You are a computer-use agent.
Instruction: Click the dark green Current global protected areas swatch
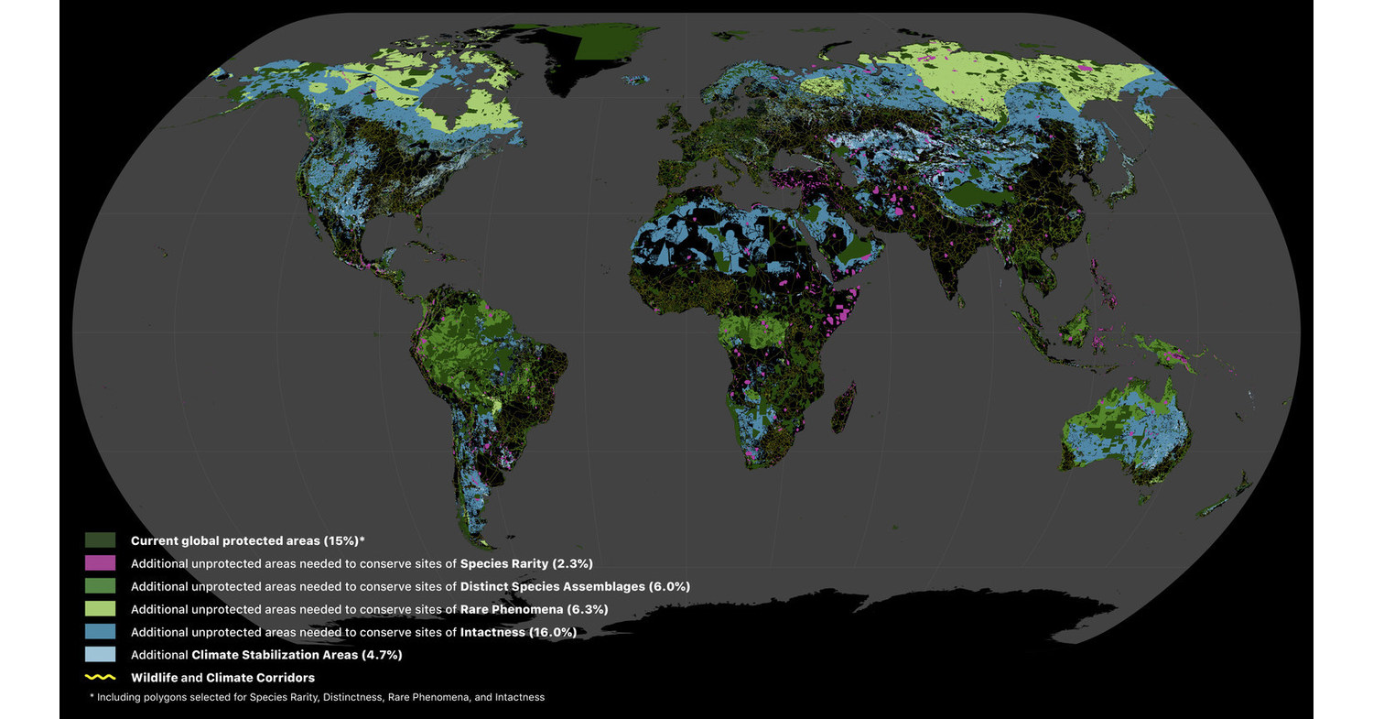[100, 540]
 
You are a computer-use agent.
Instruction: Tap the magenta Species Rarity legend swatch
[100, 563]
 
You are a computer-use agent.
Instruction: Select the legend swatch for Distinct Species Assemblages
[100, 586]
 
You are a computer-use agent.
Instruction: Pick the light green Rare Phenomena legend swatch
[100, 609]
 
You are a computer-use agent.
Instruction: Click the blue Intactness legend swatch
[100, 632]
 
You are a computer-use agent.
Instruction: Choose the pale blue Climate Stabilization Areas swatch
[100, 655]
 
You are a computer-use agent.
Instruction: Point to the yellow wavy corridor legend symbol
[100, 678]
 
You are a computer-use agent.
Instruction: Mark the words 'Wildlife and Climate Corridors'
[222, 678]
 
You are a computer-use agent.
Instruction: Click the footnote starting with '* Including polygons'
[317, 697]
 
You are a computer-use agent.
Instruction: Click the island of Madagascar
[843, 409]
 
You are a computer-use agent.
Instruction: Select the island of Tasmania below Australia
[1142, 496]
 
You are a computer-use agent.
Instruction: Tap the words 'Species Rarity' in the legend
[504, 563]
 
